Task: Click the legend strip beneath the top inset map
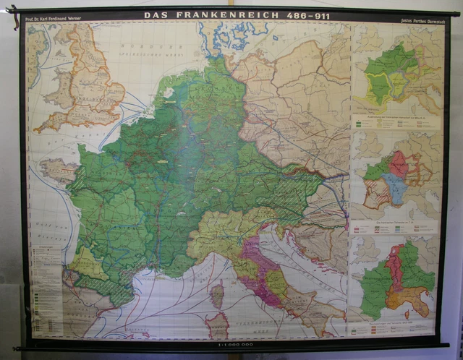click(394, 124)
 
